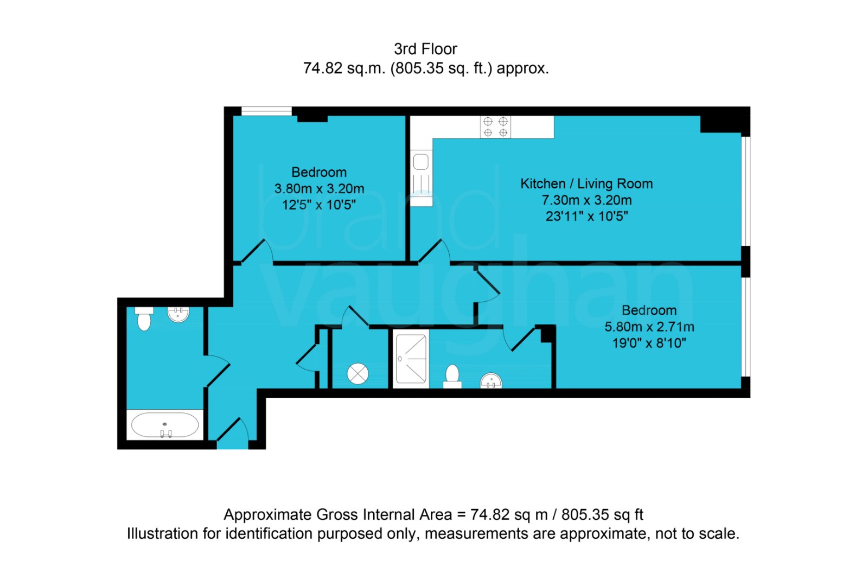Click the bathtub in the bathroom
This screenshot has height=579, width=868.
[165, 425]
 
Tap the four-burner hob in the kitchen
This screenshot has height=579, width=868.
[495, 127]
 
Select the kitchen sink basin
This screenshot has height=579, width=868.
[421, 161]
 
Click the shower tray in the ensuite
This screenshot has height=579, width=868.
[411, 359]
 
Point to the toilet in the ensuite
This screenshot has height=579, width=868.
[452, 376]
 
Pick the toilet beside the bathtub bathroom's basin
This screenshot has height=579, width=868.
[144, 319]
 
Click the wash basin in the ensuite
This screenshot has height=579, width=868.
[491, 380]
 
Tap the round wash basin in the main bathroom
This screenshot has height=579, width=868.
[178, 314]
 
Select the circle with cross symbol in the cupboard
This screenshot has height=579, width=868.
[358, 373]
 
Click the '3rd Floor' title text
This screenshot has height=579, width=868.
[425, 49]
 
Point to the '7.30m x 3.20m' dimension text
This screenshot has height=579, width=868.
[586, 200]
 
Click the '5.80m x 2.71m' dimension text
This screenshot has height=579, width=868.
[649, 327]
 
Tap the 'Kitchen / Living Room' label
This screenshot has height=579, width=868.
[586, 184]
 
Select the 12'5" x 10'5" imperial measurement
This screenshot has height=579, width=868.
[318, 205]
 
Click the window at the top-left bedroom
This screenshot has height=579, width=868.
[266, 111]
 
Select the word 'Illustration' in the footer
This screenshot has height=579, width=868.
[162, 533]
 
